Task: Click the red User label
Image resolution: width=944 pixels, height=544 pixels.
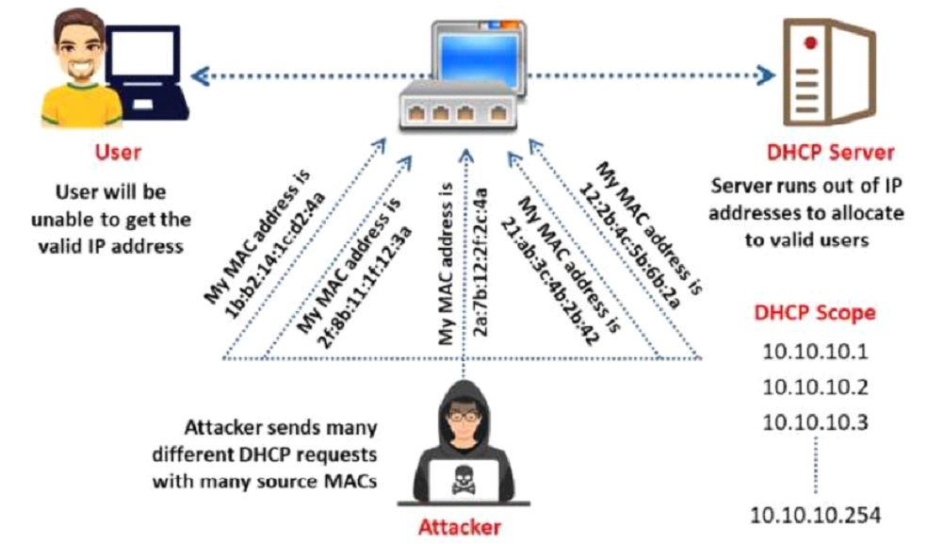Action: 118,152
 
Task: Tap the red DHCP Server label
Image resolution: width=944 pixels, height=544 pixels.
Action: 830,152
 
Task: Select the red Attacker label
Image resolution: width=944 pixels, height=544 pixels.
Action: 460,527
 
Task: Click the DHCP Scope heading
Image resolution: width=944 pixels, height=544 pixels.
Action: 815,313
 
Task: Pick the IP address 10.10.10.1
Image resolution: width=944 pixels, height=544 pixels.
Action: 815,352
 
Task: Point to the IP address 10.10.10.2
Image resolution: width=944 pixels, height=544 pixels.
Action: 815,387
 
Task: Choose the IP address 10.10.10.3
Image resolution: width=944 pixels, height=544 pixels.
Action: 815,422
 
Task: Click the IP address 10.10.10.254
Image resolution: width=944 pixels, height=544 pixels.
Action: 815,515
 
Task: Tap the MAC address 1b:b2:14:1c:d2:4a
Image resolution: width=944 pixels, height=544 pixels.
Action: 274,256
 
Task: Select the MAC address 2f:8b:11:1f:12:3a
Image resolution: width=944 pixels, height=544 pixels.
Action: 365,287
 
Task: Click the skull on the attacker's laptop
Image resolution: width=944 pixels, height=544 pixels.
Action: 463,480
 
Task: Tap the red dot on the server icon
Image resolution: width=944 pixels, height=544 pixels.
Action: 809,42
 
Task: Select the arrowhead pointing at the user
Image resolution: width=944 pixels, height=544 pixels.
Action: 201,76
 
